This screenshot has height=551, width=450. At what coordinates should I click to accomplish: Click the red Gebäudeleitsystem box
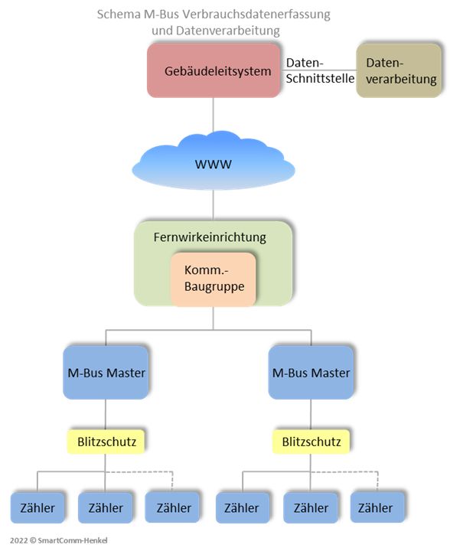tap(214, 70)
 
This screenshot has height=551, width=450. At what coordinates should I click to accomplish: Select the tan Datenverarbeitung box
tap(399, 70)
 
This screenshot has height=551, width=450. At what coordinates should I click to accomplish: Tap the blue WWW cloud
tap(214, 161)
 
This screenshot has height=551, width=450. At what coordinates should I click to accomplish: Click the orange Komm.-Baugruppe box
tap(214, 279)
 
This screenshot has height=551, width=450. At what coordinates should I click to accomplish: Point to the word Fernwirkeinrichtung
tap(210, 237)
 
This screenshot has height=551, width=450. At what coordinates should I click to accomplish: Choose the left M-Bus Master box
tap(106, 373)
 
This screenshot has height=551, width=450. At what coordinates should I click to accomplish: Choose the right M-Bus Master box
tap(311, 373)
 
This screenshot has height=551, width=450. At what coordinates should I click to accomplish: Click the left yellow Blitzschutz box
tap(106, 442)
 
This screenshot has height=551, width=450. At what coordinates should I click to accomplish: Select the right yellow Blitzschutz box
tap(311, 442)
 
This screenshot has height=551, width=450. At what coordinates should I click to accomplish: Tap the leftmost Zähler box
tap(37, 508)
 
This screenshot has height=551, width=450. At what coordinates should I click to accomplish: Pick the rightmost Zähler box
tap(377, 507)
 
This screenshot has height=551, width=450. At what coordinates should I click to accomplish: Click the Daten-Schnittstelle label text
tap(320, 70)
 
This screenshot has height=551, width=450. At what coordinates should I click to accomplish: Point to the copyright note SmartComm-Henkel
tap(59, 540)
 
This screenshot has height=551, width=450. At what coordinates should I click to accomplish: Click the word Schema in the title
tap(119, 15)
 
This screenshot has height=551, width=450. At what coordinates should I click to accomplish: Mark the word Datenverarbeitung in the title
tap(227, 31)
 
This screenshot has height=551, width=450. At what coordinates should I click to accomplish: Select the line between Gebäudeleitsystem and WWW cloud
tap(214, 115)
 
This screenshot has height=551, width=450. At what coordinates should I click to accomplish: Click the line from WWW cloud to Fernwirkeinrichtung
tap(214, 205)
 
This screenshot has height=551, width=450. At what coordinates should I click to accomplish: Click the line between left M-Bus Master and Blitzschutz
tap(106, 414)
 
